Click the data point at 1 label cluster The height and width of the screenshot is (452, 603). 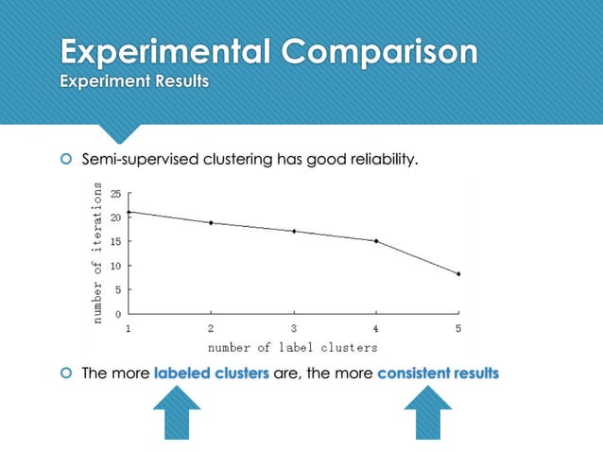pos(129,212)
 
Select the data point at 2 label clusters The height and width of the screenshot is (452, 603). pos(211,223)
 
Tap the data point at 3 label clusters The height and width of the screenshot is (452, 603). pos(294,231)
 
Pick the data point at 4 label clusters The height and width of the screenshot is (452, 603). pos(376,241)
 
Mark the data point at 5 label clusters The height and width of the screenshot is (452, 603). pos(458,274)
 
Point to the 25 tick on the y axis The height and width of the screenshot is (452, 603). pos(115,194)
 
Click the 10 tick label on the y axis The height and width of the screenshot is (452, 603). pos(115,266)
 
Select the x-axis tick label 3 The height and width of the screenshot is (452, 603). pos(294,328)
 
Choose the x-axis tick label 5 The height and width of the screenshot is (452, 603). pos(458,328)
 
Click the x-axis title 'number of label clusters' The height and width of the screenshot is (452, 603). pos(295,348)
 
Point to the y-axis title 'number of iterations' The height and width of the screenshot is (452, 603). pos(97,253)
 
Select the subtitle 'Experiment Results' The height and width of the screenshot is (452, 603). pos(134,81)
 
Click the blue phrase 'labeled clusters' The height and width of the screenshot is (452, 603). pos(211,373)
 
